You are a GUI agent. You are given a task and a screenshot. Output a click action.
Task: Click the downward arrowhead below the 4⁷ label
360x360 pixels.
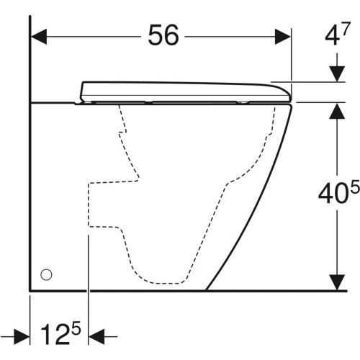(x=336, y=76)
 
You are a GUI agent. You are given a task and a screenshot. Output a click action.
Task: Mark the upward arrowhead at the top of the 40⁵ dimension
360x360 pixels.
(x=336, y=110)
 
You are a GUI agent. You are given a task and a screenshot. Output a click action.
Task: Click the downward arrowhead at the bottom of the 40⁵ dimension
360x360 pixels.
(x=336, y=284)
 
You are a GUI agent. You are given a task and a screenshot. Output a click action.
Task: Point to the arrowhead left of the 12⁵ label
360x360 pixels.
(x=22, y=336)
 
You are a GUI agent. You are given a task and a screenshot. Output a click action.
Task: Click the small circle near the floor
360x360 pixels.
(x=47, y=274)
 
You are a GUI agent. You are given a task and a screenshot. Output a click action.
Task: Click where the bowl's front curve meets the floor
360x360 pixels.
(x=207, y=290)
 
